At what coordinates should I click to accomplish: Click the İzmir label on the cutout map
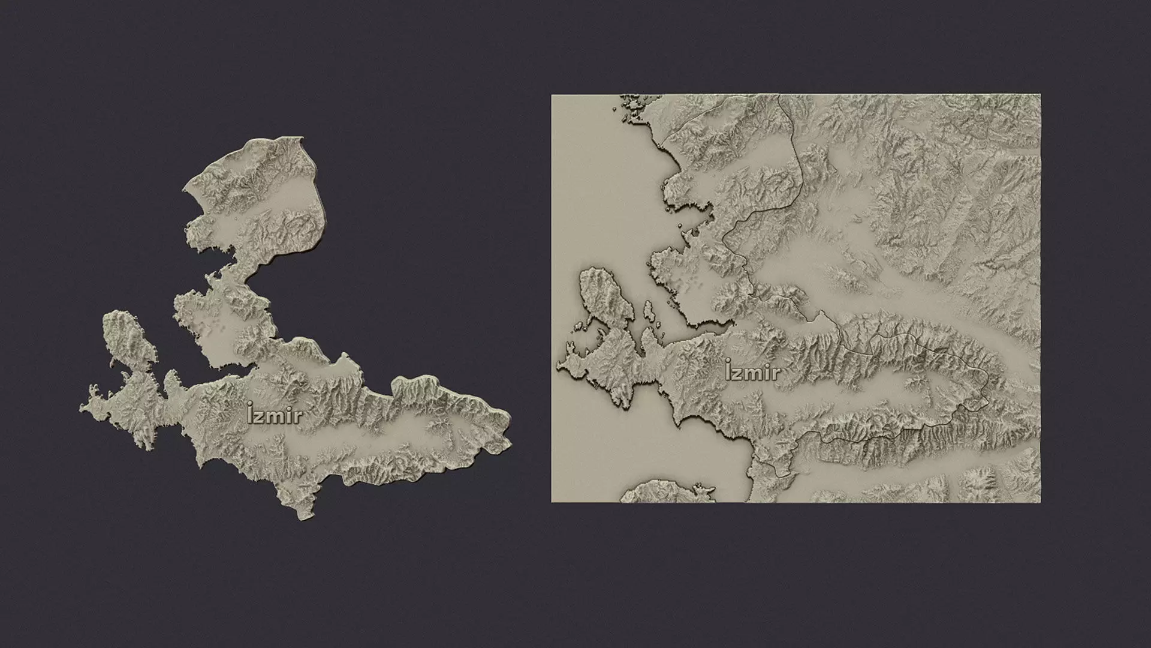[x=274, y=414]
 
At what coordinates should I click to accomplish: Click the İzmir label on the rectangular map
[x=752, y=371]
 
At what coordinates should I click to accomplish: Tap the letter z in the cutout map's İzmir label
[x=261, y=416]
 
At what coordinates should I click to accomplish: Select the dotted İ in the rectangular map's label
[x=728, y=370]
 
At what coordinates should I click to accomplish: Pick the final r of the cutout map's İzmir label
[x=297, y=416]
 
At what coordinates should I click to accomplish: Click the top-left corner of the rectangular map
[x=552, y=95]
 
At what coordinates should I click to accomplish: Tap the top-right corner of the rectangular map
[x=1040, y=95]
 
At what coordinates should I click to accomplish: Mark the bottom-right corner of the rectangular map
[x=1040, y=502]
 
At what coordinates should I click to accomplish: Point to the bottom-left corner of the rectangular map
[x=552, y=502]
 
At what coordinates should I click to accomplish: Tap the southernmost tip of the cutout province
[x=298, y=517]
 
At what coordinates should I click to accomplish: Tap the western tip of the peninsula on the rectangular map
[x=558, y=364]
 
